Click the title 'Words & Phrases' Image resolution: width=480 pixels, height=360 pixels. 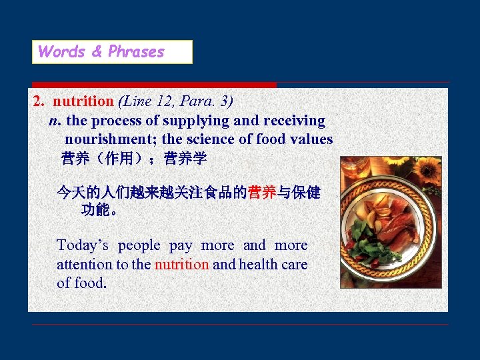click(x=101, y=52)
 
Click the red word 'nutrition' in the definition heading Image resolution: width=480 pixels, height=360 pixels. click(x=83, y=101)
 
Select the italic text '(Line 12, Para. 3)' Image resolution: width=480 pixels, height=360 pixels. click(x=175, y=101)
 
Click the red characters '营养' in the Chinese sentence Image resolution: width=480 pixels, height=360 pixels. click(x=262, y=193)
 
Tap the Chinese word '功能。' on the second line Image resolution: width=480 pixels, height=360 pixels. click(x=100, y=211)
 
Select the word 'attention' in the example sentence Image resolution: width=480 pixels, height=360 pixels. click(x=85, y=264)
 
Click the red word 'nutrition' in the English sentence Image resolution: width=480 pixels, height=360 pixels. click(x=181, y=264)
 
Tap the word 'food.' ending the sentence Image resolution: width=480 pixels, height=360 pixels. click(x=90, y=283)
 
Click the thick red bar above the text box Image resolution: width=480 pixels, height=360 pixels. click(x=154, y=85)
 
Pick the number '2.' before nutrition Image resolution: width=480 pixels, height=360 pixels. click(x=39, y=101)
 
